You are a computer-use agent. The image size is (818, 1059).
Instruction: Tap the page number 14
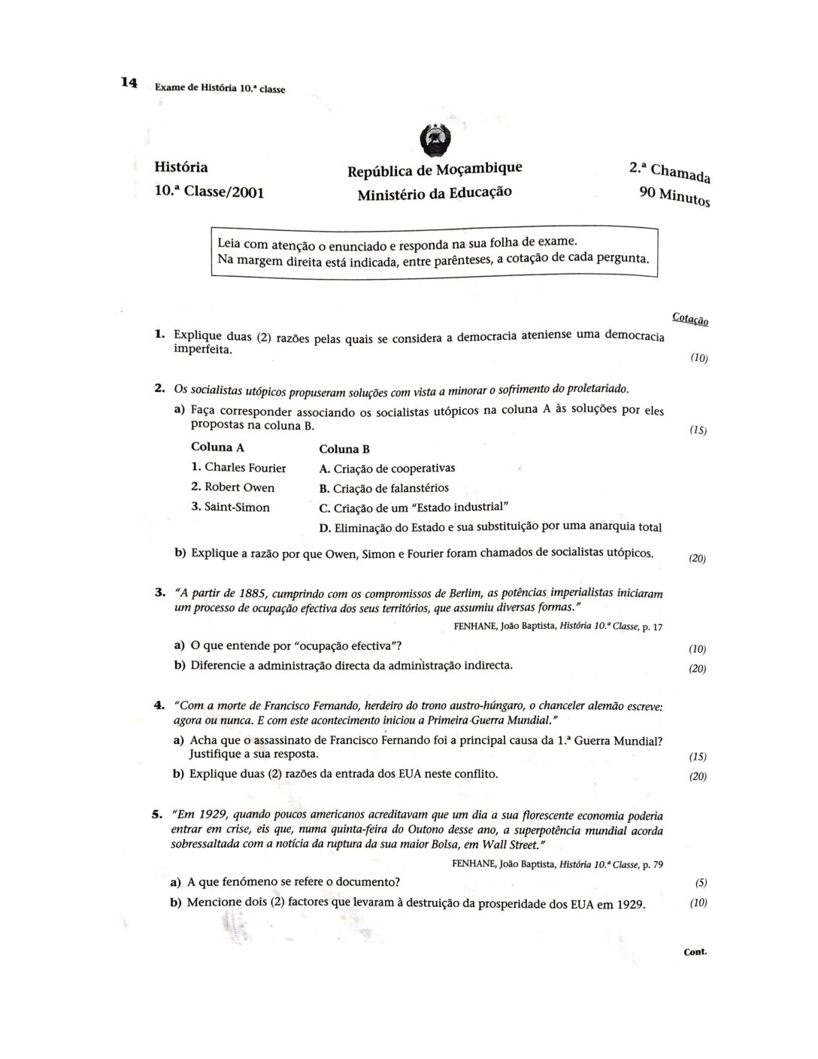click(129, 83)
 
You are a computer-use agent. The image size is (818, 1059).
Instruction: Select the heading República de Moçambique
click(435, 170)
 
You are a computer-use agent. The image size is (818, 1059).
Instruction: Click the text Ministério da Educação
click(435, 193)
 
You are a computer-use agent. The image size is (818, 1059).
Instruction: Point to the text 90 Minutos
click(674, 197)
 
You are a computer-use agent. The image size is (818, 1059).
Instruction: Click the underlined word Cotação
click(689, 319)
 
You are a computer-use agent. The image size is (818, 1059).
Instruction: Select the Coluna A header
click(217, 447)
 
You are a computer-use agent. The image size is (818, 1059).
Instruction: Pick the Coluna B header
click(344, 449)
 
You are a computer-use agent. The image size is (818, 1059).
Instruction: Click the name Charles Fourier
click(239, 468)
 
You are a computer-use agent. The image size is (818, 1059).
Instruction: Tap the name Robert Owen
click(233, 487)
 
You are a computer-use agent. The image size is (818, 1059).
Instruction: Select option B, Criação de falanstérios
click(384, 488)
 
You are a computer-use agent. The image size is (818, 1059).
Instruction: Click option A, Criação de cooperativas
click(387, 469)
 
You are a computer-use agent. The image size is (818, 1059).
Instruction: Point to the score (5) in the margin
click(701, 883)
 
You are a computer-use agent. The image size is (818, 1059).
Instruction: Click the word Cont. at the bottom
click(695, 951)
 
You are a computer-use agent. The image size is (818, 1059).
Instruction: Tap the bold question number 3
click(159, 592)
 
